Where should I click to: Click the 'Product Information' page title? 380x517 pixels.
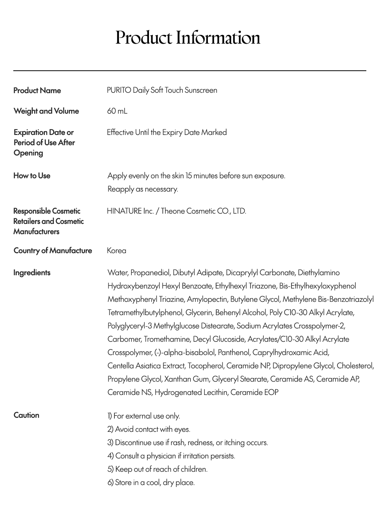188,38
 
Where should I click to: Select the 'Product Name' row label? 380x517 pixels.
37,90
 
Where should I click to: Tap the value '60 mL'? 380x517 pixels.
117,111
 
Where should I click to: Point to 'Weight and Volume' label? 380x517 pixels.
46,111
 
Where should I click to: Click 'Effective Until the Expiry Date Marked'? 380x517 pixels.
167,132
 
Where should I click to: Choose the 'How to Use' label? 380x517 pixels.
32,176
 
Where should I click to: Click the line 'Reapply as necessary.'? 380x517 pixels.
143,189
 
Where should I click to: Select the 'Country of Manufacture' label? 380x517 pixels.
53,251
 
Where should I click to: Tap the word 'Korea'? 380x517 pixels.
117,251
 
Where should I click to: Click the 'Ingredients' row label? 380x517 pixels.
32,273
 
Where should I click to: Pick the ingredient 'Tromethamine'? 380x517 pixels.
166,339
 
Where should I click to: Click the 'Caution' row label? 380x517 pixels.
27,415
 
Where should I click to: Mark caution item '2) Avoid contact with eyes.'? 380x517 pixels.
149,429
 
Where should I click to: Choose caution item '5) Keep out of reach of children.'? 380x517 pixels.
157,469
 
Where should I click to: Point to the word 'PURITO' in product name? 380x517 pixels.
119,90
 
